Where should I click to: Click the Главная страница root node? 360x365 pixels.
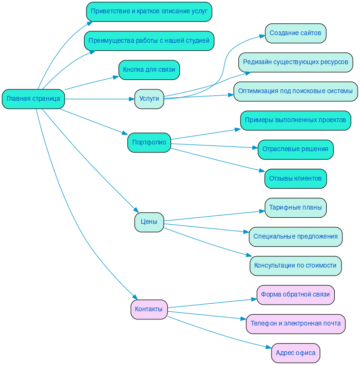pyautogui.click(x=33, y=99)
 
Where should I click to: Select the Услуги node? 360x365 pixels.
pyautogui.click(x=149, y=99)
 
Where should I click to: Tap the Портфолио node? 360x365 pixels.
pyautogui.click(x=149, y=142)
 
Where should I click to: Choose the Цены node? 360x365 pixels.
pyautogui.click(x=149, y=222)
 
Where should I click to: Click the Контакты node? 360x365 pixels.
pyautogui.click(x=149, y=309)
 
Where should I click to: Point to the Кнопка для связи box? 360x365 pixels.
pyautogui.click(x=149, y=70)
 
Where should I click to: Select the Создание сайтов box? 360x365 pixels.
pyautogui.click(x=295, y=33)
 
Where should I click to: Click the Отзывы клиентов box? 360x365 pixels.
pyautogui.click(x=295, y=179)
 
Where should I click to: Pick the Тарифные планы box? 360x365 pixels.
pyautogui.click(x=295, y=208)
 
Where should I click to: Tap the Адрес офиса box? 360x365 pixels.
pyautogui.click(x=295, y=353)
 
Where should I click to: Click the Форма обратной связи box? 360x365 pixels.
pyautogui.click(x=295, y=295)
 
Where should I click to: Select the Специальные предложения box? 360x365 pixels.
pyautogui.click(x=295, y=237)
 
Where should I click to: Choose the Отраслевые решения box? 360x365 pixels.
pyautogui.click(x=295, y=149)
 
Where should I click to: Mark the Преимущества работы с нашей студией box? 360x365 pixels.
pyautogui.click(x=149, y=41)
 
